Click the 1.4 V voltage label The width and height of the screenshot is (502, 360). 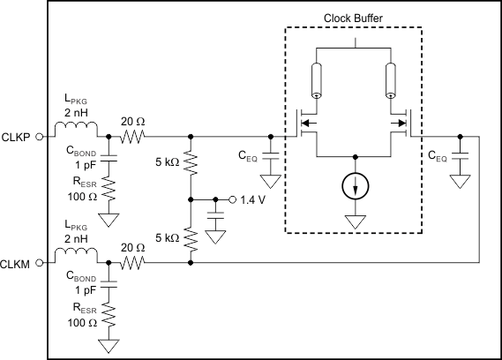click(254, 199)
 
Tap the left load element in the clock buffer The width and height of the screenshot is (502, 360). click(316, 83)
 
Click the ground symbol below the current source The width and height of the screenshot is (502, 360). click(356, 221)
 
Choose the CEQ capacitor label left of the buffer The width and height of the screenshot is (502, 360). click(247, 156)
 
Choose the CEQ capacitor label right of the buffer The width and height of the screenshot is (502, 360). click(437, 156)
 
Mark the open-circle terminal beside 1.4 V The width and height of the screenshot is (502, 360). click(233, 199)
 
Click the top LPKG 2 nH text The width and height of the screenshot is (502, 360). click(76, 109)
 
